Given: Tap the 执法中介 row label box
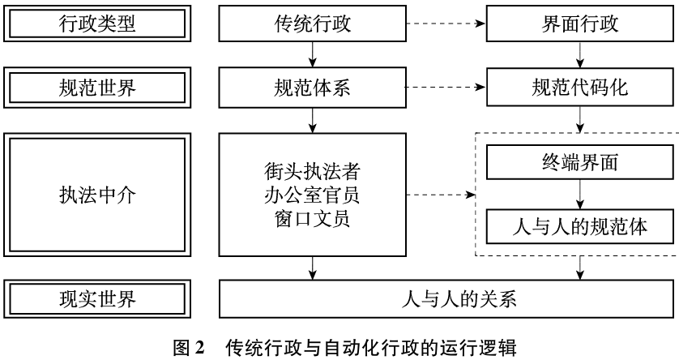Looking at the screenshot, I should pyautogui.click(x=96, y=195).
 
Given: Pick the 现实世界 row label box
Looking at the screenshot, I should pyautogui.click(x=96, y=299).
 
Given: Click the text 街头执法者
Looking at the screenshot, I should pyautogui.click(x=312, y=173).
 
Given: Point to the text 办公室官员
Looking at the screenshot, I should pyautogui.click(x=312, y=195).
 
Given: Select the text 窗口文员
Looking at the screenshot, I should pyautogui.click(x=312, y=217).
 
